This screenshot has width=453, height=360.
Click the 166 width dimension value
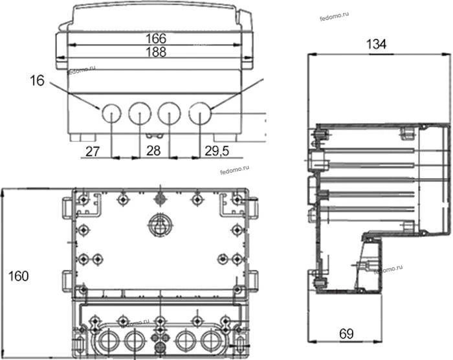click(x=156, y=38)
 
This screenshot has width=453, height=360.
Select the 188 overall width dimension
click(x=156, y=52)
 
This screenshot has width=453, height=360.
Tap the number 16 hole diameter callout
click(x=38, y=80)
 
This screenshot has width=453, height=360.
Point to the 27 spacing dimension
click(x=93, y=152)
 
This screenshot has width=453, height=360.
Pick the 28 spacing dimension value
click(x=153, y=151)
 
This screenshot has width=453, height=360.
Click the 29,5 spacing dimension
click(x=217, y=151)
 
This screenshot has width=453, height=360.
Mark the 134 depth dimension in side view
click(x=376, y=44)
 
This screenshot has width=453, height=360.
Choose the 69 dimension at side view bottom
click(x=346, y=334)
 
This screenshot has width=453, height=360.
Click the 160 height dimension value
click(x=19, y=276)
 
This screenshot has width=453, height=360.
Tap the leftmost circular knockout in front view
click(x=111, y=113)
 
